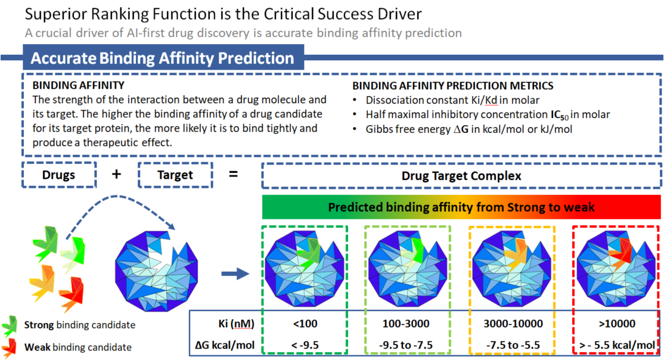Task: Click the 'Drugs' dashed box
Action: click(58, 175)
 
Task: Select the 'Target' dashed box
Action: click(175, 175)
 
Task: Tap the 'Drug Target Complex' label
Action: click(461, 176)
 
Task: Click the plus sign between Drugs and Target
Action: click(117, 174)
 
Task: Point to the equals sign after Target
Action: click(234, 174)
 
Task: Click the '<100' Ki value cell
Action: click(304, 324)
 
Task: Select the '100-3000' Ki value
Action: click(407, 324)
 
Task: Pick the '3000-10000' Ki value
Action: click(512, 324)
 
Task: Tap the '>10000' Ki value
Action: click(615, 324)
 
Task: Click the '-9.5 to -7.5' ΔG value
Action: click(407, 345)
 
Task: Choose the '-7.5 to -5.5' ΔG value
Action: click(512, 345)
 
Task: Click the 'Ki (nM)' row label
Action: click(237, 324)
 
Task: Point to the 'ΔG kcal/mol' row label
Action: click(225, 345)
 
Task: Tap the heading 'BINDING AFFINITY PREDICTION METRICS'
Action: click(452, 86)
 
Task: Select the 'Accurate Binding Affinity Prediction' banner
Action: click(162, 58)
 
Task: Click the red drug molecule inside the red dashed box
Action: click(623, 252)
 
